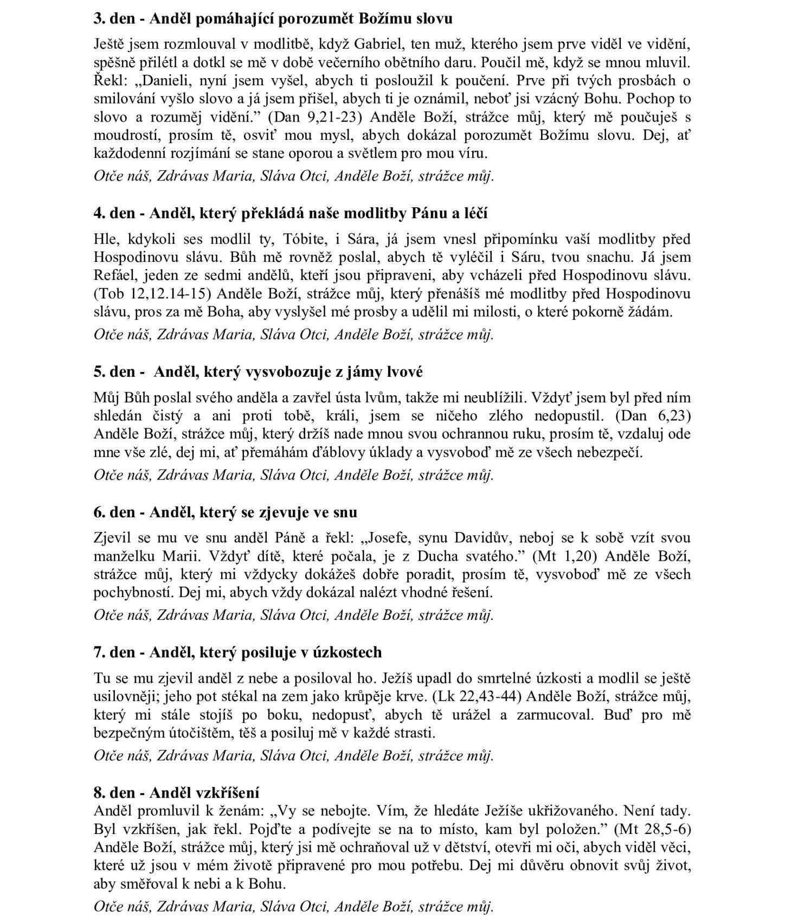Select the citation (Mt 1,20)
[x=564, y=556]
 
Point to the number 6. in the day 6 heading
[x=99, y=512]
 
